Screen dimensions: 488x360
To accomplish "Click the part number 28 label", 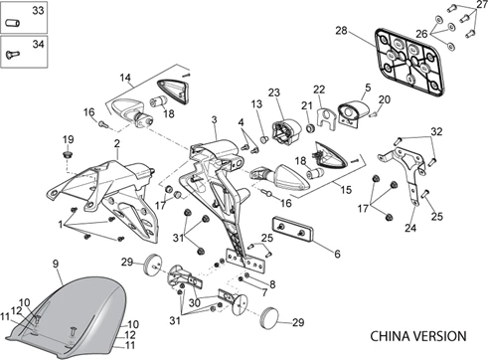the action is [x=341, y=31].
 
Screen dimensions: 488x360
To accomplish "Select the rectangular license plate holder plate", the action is [x=410, y=62].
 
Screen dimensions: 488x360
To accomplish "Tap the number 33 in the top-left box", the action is [x=38, y=10].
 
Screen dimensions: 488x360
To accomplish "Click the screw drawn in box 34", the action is [x=13, y=54].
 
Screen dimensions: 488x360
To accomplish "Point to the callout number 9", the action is [x=56, y=264].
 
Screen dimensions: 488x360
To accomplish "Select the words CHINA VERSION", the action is [x=418, y=336].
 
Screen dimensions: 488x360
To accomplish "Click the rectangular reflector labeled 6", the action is [x=293, y=230].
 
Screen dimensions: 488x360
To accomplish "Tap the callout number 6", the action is [x=337, y=254].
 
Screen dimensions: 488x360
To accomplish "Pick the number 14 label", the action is [x=125, y=79].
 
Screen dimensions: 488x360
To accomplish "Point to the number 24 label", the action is [x=410, y=228].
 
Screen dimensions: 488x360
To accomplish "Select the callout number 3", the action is [x=215, y=119].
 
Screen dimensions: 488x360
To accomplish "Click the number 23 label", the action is [x=274, y=92].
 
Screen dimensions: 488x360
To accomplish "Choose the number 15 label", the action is [x=346, y=190].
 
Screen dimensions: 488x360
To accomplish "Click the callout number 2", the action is [x=116, y=143].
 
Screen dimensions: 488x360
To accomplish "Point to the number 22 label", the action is [x=319, y=90].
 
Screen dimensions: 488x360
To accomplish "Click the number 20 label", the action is [x=385, y=99].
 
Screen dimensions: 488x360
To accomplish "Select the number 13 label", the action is [x=256, y=104].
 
